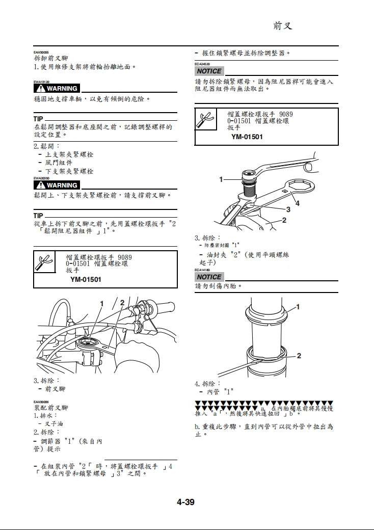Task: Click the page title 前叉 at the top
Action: pyautogui.click(x=283, y=26)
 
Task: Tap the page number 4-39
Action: pyautogui.click(x=186, y=502)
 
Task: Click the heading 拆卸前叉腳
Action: pyautogui.click(x=51, y=59)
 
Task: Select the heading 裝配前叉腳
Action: pyautogui.click(x=51, y=408)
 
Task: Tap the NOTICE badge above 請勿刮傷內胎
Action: pyautogui.click(x=209, y=277)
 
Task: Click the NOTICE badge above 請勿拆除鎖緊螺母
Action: pyautogui.click(x=209, y=71)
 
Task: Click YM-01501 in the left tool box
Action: pyautogui.click(x=86, y=279)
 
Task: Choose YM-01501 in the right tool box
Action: pyautogui.click(x=247, y=137)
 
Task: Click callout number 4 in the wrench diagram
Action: pyautogui.click(x=298, y=203)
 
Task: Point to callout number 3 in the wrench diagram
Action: pyautogui.click(x=288, y=209)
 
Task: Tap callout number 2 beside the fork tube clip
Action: pyautogui.click(x=299, y=356)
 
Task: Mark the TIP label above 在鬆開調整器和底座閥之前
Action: pyautogui.click(x=39, y=119)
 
